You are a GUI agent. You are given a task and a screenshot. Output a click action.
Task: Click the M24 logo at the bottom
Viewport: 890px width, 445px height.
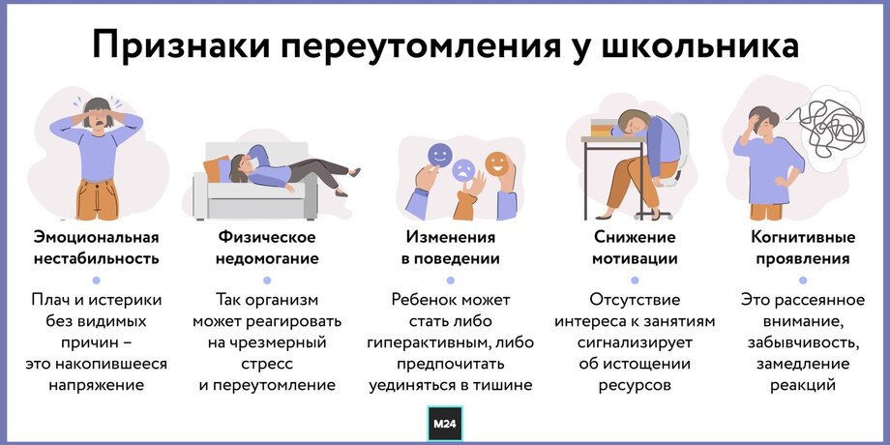445,423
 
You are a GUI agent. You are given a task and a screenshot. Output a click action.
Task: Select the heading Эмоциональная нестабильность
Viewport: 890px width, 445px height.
96,248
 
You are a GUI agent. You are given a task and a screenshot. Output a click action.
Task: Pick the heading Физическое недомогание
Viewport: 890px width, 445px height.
268,248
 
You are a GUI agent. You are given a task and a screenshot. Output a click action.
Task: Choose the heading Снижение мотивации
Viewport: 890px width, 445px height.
635,248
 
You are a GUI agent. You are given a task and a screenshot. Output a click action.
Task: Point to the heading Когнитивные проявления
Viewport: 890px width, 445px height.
803,248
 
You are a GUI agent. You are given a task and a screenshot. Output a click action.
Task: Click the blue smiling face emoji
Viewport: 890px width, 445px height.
440,155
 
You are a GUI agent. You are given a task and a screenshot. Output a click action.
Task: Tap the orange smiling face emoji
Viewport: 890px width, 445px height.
497,163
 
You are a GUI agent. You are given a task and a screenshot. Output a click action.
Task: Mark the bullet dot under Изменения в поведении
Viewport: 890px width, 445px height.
451,281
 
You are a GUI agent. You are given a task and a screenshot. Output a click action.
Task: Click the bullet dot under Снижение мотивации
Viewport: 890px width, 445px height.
635,281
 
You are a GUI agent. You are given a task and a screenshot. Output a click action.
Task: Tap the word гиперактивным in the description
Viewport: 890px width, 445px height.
430,342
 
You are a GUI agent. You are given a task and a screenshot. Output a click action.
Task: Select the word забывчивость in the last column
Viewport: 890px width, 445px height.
803,342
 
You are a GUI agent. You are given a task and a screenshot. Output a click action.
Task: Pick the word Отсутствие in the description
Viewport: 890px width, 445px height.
635,299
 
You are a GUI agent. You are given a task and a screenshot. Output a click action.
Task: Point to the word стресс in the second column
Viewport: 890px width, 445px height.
267,364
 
